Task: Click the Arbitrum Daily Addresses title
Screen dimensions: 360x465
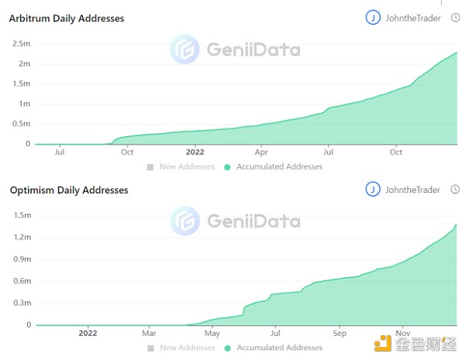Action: click(67, 18)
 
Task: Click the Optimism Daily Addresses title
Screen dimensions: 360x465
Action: click(68, 190)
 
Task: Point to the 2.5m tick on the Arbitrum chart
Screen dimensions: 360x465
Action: click(21, 43)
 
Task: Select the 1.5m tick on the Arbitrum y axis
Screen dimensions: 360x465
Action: click(21, 84)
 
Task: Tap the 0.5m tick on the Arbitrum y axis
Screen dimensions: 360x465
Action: click(21, 124)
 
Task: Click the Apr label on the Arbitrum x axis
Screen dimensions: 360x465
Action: click(261, 153)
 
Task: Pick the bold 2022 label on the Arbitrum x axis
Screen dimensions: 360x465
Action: click(195, 153)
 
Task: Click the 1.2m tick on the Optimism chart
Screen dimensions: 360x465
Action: click(21, 237)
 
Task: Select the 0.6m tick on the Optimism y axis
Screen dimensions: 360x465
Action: click(21, 281)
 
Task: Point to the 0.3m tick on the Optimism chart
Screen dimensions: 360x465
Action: click(21, 303)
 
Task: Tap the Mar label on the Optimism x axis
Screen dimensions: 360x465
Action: click(150, 334)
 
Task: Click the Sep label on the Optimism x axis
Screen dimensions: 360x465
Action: click(339, 334)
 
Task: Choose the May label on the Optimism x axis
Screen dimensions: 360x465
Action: click(212, 334)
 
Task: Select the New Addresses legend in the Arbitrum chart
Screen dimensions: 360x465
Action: click(186, 166)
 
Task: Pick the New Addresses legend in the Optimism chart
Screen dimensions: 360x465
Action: click(186, 348)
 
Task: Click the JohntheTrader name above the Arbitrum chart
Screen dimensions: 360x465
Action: click(412, 18)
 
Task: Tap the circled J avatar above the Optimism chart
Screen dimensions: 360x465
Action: click(373, 190)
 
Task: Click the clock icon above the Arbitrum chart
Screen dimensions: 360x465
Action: click(455, 18)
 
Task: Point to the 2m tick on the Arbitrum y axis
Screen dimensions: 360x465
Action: click(23, 63)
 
